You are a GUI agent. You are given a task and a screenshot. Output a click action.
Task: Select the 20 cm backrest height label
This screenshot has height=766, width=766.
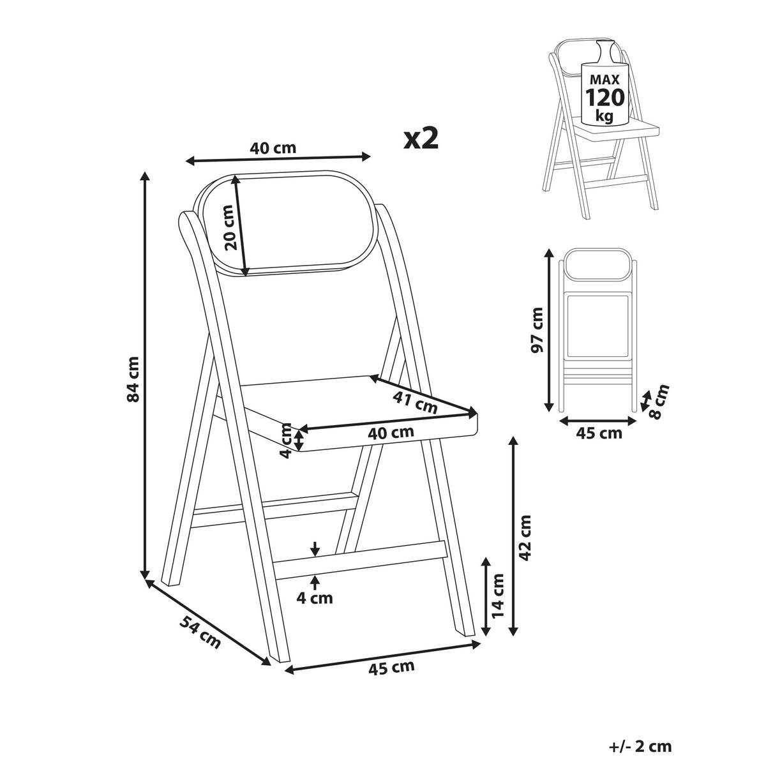230,227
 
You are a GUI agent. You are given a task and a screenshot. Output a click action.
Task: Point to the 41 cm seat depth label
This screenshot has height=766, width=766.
415,402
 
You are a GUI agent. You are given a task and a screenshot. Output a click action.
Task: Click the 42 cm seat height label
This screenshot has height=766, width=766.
525,538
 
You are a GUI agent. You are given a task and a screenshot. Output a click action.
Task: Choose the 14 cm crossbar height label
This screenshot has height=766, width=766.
497,596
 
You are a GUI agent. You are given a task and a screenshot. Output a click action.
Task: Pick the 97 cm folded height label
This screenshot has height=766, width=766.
537,330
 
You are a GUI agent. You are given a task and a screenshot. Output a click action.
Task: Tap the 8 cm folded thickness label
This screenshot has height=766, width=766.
659,402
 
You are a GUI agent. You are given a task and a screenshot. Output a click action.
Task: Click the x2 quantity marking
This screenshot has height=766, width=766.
421,140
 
